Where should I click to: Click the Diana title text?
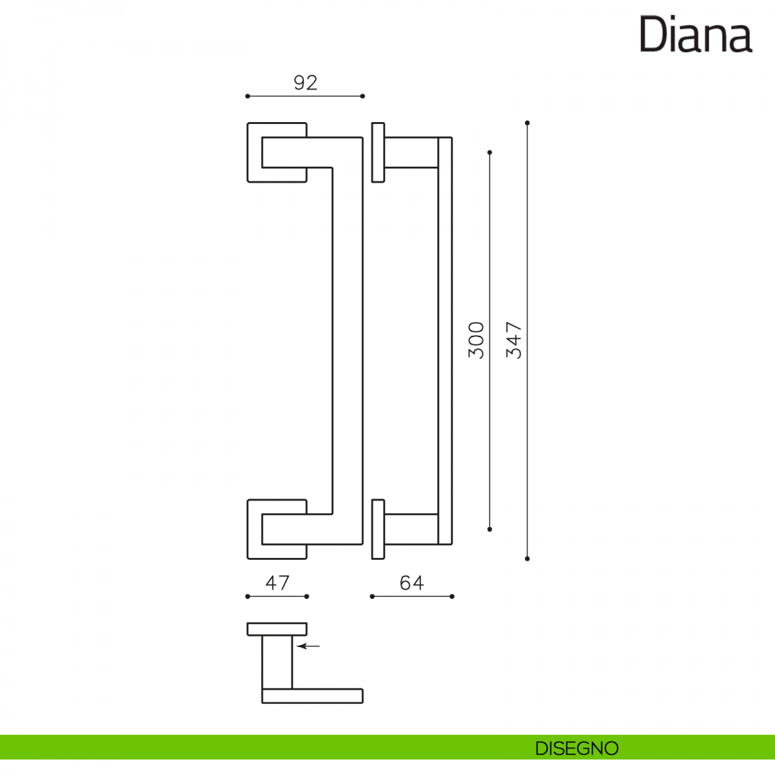[x=696, y=35]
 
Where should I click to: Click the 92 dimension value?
[x=305, y=83]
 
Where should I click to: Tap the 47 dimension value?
[x=278, y=583]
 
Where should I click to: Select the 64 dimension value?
[x=411, y=583]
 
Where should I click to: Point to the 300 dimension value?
[x=476, y=340]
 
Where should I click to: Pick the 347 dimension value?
[x=513, y=340]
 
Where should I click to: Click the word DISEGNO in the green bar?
[x=577, y=749]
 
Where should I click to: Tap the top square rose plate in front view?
[x=254, y=152]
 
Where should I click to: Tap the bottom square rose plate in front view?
[x=254, y=530]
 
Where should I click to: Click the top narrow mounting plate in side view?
[x=378, y=152]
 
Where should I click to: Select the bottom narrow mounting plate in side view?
[x=378, y=529]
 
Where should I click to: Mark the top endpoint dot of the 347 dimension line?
[x=528, y=123]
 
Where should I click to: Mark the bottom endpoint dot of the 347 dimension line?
[x=528, y=559]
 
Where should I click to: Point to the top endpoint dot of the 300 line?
[x=490, y=152]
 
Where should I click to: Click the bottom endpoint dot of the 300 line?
[x=490, y=529]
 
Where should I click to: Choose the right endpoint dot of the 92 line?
[x=363, y=96]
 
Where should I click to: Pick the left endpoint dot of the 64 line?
[x=372, y=596]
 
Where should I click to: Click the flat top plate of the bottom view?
[x=277, y=629]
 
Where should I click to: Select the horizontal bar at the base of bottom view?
[x=313, y=696]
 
